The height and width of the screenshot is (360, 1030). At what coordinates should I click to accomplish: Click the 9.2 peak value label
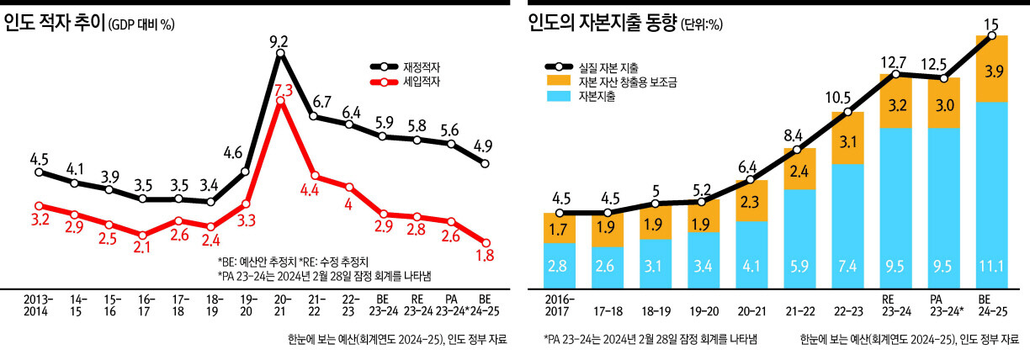tap(280, 40)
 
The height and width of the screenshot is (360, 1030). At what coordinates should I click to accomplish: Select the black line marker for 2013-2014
tap(39, 172)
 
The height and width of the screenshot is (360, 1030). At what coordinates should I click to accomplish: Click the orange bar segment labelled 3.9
tap(992, 69)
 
